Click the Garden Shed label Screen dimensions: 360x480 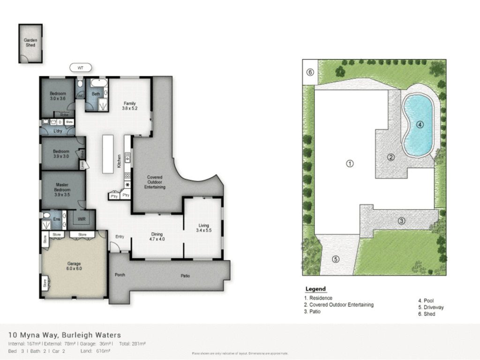[30, 43]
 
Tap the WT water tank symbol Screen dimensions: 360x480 [80, 68]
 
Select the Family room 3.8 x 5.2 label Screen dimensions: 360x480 [130, 106]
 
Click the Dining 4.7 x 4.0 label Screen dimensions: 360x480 [157, 236]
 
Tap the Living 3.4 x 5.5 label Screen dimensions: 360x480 [203, 228]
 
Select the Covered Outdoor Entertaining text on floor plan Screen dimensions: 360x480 [155, 182]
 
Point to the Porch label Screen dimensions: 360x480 [120, 275]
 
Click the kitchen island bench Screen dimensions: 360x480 [108, 154]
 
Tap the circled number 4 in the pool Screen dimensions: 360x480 [420, 125]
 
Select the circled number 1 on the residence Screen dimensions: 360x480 [349, 164]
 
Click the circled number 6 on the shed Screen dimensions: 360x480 [310, 72]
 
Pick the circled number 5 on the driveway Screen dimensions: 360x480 [336, 259]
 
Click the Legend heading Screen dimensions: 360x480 [315, 289]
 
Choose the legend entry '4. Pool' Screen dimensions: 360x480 [426, 301]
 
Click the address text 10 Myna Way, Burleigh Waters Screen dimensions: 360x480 [65, 335]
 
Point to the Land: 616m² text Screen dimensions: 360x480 [96, 351]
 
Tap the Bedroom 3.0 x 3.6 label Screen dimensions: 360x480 [58, 96]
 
